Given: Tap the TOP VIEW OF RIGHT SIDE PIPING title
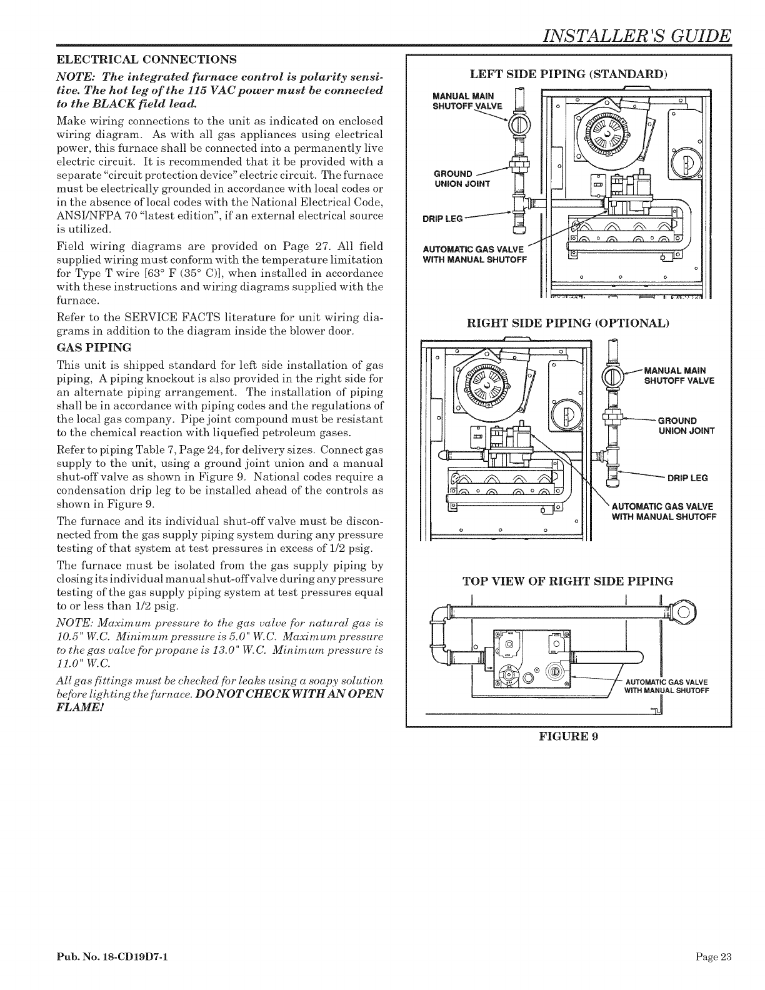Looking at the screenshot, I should click(567, 581).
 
